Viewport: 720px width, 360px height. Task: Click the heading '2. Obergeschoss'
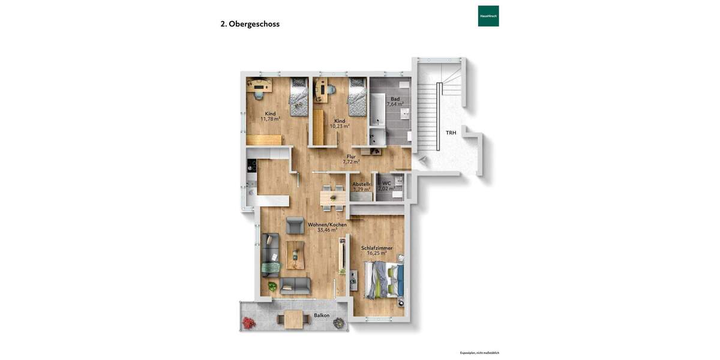[250, 24]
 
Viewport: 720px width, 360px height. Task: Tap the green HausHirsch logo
[488, 16]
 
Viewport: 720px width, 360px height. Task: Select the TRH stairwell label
[451, 133]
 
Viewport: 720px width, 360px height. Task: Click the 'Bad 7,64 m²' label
[395, 101]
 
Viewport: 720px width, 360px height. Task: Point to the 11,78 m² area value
[270, 119]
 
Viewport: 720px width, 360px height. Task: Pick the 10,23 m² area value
[340, 126]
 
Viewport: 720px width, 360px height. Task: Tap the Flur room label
[351, 157]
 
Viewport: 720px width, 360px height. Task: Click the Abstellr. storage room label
[361, 184]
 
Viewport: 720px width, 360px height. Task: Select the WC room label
[386, 183]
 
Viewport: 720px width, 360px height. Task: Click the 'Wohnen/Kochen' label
[327, 224]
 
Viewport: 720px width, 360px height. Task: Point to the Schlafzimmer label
[377, 248]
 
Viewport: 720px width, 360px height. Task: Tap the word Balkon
[322, 315]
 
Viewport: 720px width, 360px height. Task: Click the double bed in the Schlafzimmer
[385, 281]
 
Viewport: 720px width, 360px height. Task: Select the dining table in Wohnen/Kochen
[332, 197]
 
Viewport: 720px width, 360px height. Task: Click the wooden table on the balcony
[293, 319]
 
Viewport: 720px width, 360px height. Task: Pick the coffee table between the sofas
[295, 254]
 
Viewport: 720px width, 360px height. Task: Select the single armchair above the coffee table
[295, 225]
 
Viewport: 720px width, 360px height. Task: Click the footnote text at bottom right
[479, 353]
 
